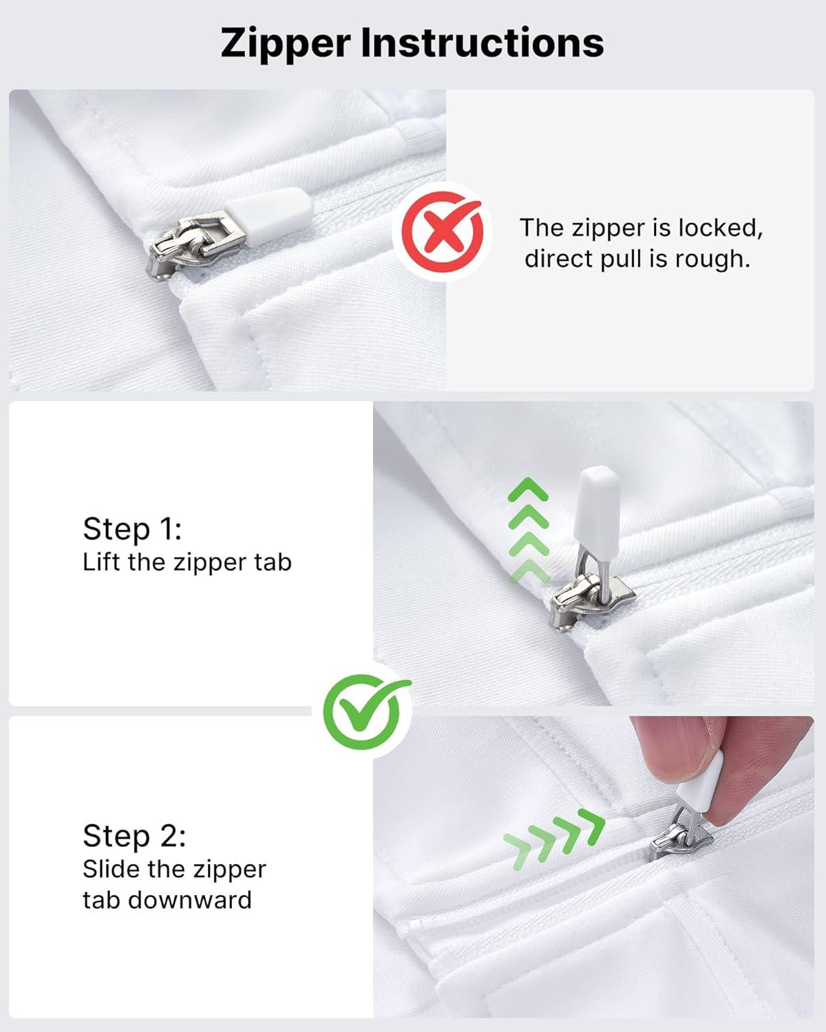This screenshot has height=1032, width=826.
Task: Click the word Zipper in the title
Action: [x=286, y=43]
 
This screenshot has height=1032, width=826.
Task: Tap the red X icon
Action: [x=442, y=232]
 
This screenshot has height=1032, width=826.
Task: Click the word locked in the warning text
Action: [x=720, y=228]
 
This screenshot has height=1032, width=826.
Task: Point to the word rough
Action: [x=712, y=259]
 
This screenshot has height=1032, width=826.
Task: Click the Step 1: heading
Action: [x=132, y=529]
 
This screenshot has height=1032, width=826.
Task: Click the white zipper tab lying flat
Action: [x=269, y=208]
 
